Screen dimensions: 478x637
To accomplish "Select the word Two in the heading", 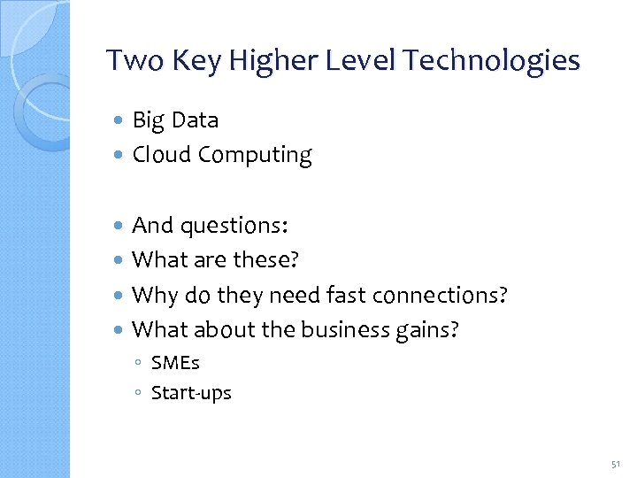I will point(131,60).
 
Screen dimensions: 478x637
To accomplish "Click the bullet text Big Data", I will point(175,119).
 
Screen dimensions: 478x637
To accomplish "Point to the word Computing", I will point(255,156).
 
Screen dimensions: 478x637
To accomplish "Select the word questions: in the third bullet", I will point(234,227).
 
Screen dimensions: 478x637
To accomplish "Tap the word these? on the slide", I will point(266,260).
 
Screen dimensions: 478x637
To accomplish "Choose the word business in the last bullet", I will point(345,329).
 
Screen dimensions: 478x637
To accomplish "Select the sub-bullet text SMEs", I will point(175,364).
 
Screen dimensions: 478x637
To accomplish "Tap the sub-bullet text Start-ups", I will point(191,393).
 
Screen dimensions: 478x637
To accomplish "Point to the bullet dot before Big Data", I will point(120,120).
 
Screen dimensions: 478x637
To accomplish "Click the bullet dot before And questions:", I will point(120,227).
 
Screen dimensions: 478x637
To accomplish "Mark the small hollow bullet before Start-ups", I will point(140,393).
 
